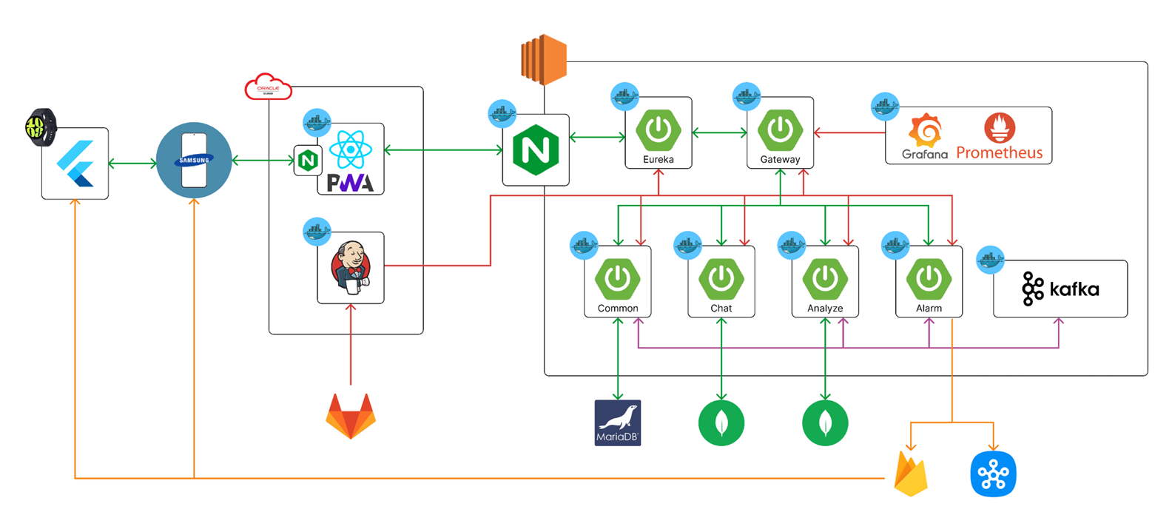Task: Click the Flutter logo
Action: click(75, 164)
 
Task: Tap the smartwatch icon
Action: click(41, 127)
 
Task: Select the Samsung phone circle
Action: click(194, 160)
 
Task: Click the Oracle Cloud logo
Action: click(268, 87)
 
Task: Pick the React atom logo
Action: click(350, 149)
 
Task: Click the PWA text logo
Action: click(350, 182)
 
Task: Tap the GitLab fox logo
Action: click(351, 416)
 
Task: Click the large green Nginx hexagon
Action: click(536, 150)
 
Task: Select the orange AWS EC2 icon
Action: click(544, 59)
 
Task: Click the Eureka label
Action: click(659, 160)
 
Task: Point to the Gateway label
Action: click(780, 160)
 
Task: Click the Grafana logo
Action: click(924, 138)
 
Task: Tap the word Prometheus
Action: click(999, 153)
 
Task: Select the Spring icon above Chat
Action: click(721, 278)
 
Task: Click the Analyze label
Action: click(825, 309)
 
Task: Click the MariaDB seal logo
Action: click(618, 422)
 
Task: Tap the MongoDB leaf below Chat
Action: click(721, 423)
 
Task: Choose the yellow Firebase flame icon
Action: click(911, 474)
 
